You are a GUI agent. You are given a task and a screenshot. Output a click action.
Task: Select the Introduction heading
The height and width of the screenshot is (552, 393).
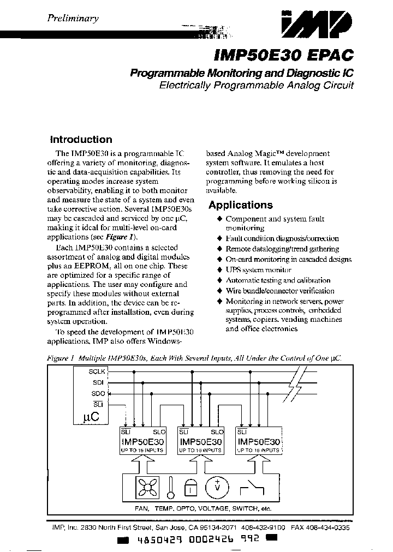81,140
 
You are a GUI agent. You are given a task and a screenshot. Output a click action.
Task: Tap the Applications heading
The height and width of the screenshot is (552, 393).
240,205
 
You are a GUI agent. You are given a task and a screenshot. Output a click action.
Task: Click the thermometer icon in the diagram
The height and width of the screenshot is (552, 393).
171,487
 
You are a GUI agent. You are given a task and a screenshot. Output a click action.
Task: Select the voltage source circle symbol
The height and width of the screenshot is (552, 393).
217,487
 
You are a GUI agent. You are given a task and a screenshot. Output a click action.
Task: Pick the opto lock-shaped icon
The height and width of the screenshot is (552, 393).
190,489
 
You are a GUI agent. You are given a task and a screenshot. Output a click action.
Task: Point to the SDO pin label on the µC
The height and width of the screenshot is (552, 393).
98,393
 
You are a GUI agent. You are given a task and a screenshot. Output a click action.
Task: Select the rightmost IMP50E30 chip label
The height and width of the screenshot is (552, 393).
259,441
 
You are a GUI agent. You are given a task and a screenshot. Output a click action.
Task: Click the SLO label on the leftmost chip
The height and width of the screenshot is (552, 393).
159,431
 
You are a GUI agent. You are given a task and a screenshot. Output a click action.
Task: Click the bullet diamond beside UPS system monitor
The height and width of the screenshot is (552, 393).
219,270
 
